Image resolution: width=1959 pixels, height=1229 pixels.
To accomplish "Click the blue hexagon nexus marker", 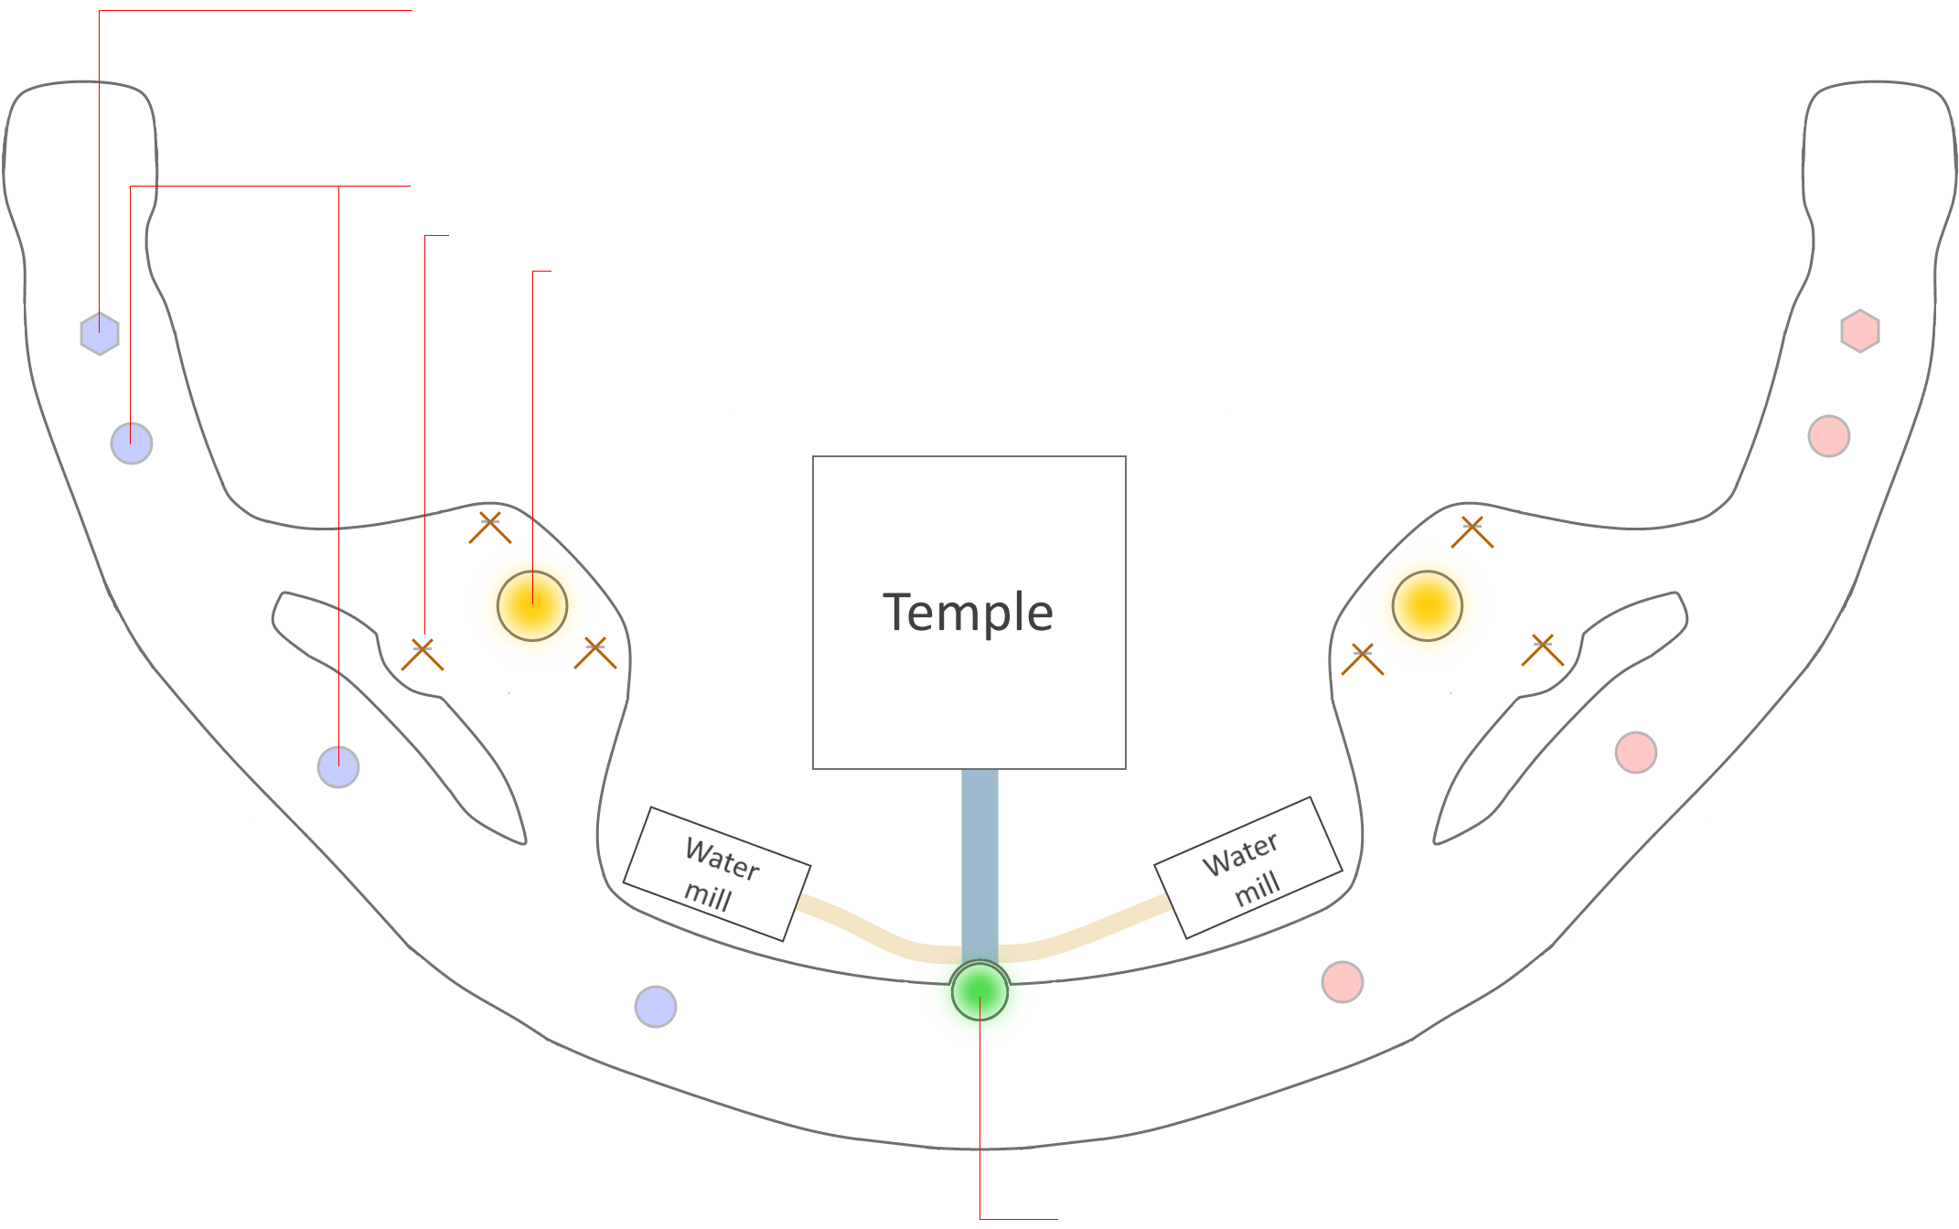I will [100, 334].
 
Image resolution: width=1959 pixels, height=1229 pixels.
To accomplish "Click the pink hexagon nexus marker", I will [1859, 331].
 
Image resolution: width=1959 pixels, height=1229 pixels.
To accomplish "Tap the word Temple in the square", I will [968, 612].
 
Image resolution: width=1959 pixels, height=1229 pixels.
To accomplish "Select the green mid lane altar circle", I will [979, 990].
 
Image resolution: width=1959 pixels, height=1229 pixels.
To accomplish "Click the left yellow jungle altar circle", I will [532, 605].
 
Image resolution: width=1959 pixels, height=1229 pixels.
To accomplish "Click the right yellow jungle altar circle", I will [1427, 605].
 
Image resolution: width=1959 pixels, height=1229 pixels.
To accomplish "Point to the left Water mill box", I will [716, 873].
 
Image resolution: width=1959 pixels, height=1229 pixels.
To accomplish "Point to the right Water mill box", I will [1247, 868].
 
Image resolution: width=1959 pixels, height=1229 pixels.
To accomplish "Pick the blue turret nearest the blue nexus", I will [132, 444].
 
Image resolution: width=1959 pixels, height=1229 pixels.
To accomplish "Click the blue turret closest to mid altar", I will [656, 1007].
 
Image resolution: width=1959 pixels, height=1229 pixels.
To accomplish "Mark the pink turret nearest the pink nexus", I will [1828, 436].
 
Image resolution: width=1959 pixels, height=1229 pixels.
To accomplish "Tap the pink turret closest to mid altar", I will [1343, 982].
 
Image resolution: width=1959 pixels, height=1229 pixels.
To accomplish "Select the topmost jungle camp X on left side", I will [490, 528].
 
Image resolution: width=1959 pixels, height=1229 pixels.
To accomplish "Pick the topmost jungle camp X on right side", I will [1472, 531].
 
